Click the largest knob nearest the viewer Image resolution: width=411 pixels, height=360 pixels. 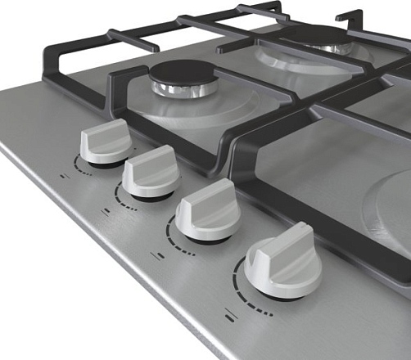[x=283, y=263]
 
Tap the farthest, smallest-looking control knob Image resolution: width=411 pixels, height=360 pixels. [x=105, y=142]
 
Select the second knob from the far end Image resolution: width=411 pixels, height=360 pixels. [x=151, y=171]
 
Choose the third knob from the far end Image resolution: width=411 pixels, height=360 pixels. [x=208, y=210]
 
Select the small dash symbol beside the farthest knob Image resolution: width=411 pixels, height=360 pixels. [x=64, y=175]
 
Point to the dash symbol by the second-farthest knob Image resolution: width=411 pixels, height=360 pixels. [x=106, y=210]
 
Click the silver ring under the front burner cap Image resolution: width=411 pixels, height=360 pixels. [x=181, y=89]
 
